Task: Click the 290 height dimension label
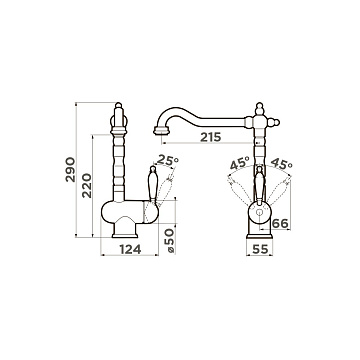point(70,169)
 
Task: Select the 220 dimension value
point(87,185)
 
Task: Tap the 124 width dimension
point(130,249)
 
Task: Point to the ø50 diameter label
point(170,241)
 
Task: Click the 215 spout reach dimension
point(211,137)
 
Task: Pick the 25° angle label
point(168,160)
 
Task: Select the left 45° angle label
point(240,163)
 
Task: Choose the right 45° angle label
point(281,163)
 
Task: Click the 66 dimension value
point(280,224)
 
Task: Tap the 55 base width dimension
point(260,249)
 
